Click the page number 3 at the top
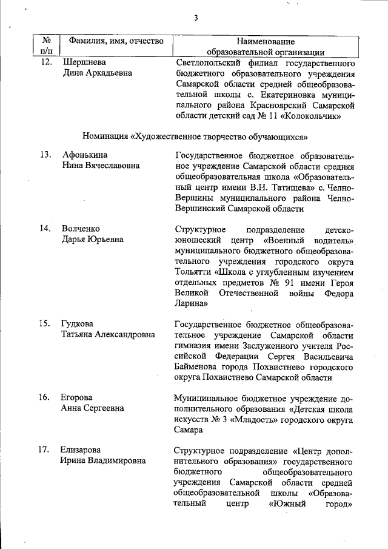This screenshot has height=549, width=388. point(196,18)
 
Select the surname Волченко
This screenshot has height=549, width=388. point(81,229)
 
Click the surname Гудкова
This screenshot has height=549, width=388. point(78,323)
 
